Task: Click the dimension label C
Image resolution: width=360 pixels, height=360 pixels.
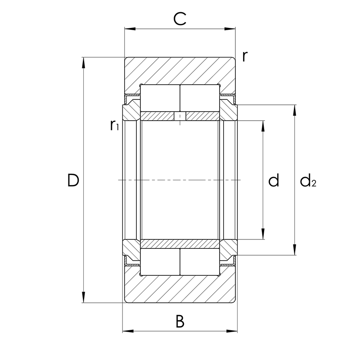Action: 180,19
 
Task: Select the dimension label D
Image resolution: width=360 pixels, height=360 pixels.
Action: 73,180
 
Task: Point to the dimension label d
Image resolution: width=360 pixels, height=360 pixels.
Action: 274,180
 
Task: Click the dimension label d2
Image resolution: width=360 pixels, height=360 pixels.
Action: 308,181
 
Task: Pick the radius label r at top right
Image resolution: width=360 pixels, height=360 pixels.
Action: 245,56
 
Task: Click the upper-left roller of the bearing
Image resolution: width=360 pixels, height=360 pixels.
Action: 161,98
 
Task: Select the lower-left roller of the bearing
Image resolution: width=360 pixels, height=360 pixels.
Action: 161,262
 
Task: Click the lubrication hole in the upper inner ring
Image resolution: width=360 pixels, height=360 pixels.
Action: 180,117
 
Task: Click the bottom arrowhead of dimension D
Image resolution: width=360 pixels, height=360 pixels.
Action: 83,298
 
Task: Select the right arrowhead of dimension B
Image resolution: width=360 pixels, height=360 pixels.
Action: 233,332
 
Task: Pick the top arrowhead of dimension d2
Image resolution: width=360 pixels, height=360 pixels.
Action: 295,109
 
